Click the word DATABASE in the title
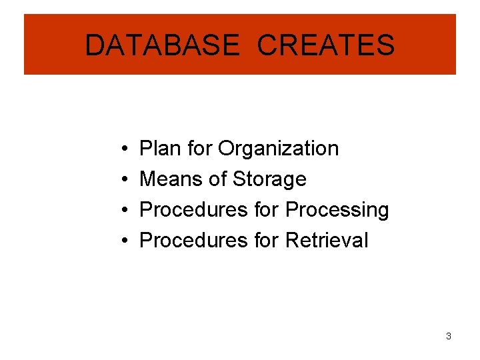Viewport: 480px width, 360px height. coord(161,45)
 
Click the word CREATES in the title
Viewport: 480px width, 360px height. coord(325,45)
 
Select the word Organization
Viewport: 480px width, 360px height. coord(279,149)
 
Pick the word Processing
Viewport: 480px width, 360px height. coord(337,210)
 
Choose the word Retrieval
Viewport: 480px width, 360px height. coord(326,240)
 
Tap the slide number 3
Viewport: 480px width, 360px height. coord(449,336)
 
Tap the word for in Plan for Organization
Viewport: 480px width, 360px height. coord(199,148)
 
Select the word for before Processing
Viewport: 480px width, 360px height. coord(267,209)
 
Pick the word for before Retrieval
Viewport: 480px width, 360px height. coord(267,240)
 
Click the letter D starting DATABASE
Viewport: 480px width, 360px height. coord(95,45)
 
